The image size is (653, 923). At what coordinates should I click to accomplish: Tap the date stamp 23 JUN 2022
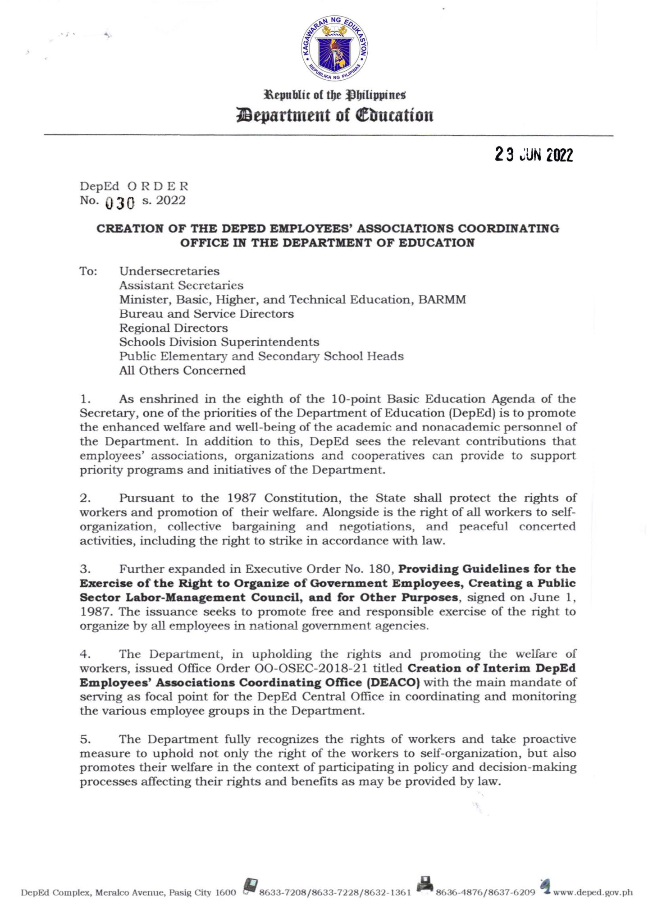click(x=534, y=155)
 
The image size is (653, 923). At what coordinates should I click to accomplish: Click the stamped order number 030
click(x=120, y=203)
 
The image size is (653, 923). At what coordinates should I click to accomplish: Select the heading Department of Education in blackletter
click(x=334, y=115)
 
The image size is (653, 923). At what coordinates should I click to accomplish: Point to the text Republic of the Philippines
click(x=334, y=95)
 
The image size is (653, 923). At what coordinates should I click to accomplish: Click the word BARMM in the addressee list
click(x=442, y=300)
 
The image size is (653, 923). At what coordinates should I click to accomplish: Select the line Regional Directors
click(x=174, y=328)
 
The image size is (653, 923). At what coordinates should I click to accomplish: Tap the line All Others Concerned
click(x=182, y=370)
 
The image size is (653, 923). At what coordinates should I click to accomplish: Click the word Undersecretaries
click(x=169, y=271)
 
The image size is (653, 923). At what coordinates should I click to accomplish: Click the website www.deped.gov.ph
click(x=593, y=892)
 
